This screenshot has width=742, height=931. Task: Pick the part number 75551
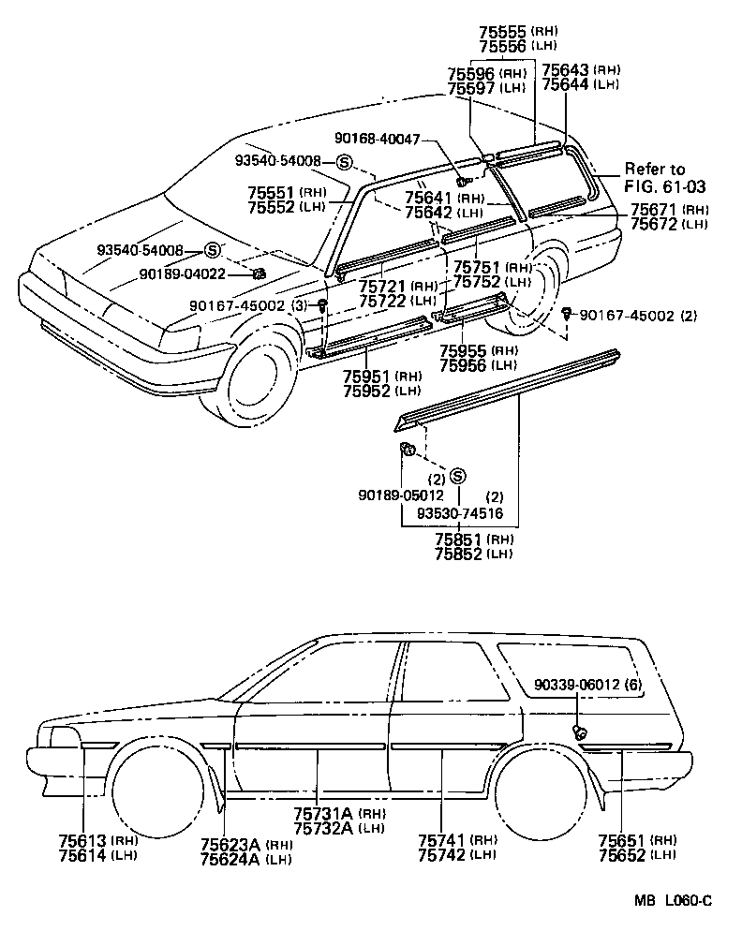[272, 192]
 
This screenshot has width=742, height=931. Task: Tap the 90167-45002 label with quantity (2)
[623, 315]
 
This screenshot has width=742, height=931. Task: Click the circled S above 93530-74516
[458, 475]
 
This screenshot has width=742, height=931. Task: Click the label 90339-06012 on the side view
[578, 685]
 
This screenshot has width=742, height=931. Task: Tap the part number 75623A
[230, 845]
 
